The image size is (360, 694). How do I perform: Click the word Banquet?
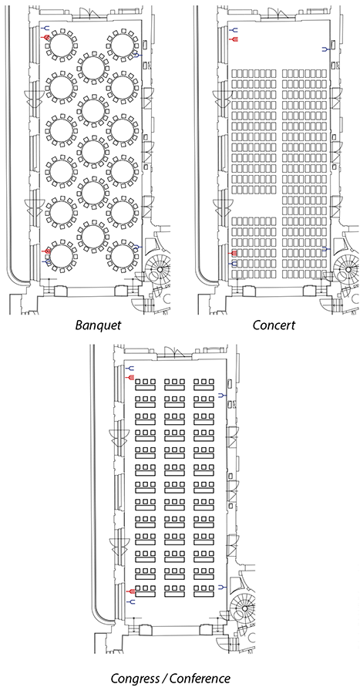[97, 325]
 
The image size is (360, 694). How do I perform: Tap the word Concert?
[274, 325]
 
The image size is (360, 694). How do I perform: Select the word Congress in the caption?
[136, 679]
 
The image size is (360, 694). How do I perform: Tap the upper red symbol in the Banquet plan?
[45, 38]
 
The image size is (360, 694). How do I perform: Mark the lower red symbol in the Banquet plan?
[45, 251]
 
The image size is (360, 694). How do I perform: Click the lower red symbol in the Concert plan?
[233, 253]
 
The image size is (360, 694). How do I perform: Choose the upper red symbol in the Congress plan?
[130, 376]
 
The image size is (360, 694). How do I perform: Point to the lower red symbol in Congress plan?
[130, 591]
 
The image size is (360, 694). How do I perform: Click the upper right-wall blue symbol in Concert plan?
[326, 49]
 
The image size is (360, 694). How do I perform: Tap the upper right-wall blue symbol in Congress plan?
[223, 395]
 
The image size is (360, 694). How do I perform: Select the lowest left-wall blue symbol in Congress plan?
[130, 602]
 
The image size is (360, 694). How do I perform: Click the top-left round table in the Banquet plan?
[61, 45]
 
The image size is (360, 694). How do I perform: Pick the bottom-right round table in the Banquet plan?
[123, 257]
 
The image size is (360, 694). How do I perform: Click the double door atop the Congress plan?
[173, 352]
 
